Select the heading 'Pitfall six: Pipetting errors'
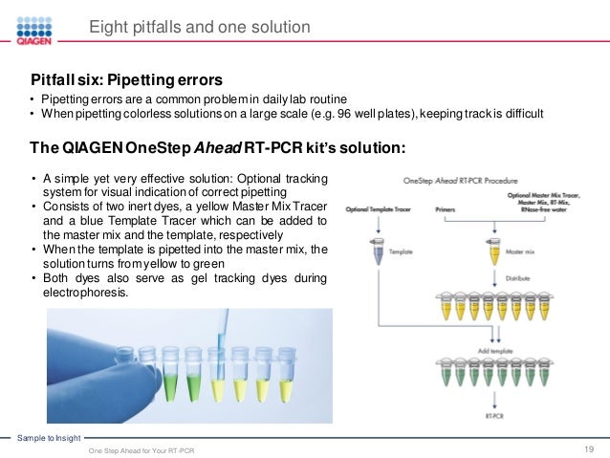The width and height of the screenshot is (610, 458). point(127,78)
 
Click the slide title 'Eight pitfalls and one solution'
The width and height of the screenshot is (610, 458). point(199,26)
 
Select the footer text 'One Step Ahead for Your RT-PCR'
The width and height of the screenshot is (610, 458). point(140,449)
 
